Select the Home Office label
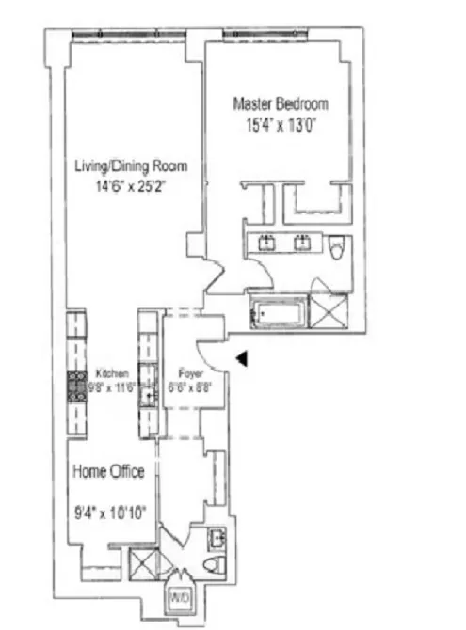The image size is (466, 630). [x=109, y=472]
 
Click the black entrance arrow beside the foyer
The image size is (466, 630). [x=242, y=358]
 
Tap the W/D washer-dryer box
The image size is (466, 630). [x=180, y=597]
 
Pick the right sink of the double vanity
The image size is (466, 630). [x=303, y=244]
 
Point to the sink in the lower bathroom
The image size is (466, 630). [x=217, y=539]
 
